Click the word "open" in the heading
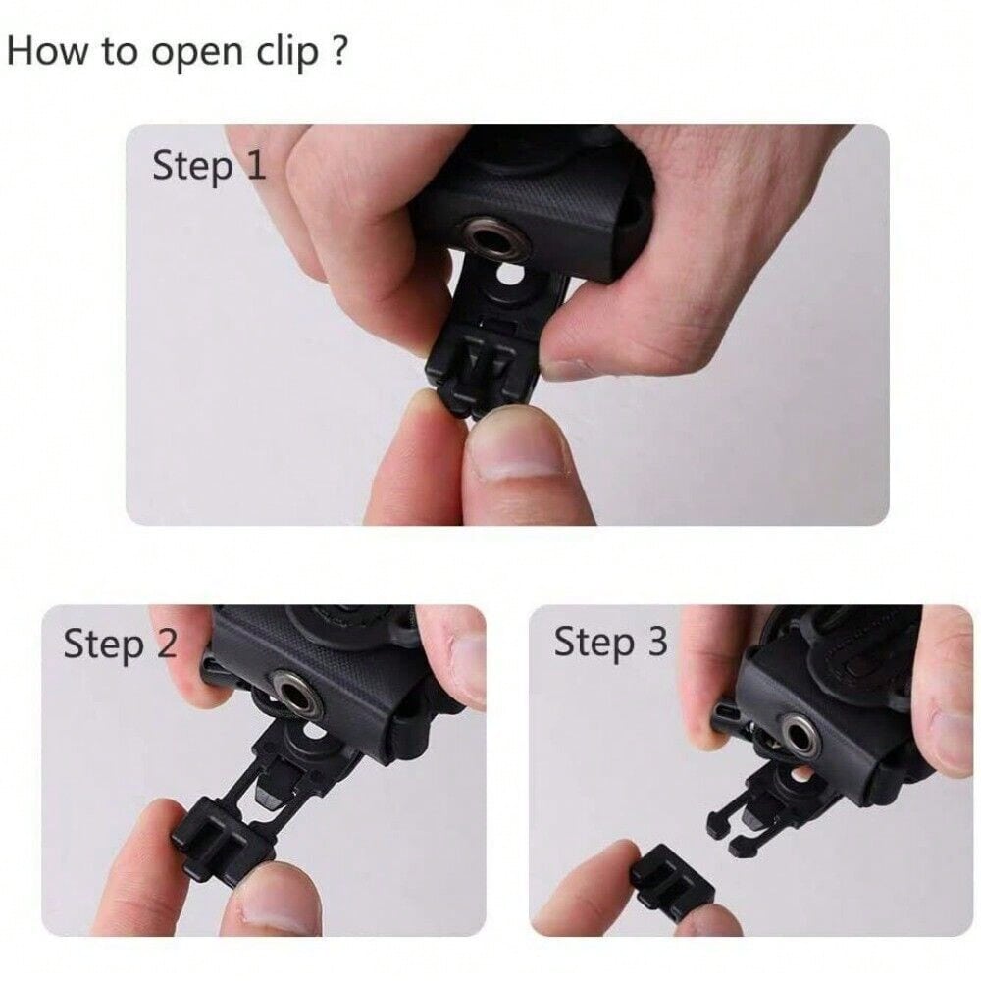(x=198, y=54)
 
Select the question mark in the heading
(x=337, y=50)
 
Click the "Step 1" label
(x=209, y=167)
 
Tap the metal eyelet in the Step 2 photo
(x=297, y=694)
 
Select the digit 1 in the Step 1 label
(x=255, y=166)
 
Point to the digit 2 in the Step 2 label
(x=167, y=643)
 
